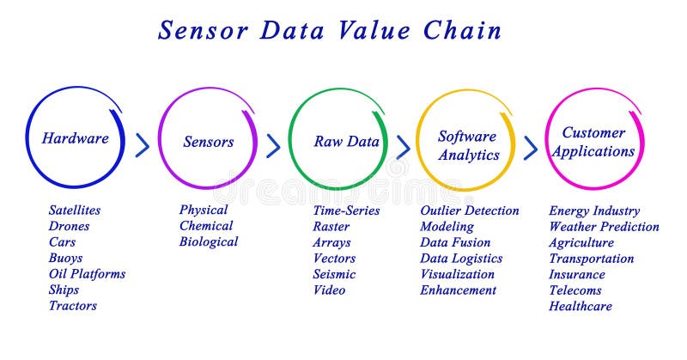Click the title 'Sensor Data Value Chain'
330,30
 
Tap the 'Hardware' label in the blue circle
76,138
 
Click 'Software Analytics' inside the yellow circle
468,146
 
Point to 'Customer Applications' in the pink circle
593,142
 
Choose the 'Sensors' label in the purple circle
208,142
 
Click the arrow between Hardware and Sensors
143,145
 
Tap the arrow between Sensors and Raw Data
273,146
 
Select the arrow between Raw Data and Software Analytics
403,147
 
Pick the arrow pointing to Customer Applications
531,147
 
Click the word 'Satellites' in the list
75,211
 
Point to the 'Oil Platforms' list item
87,274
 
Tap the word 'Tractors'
73,306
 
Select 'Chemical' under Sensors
206,226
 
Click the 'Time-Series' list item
346,211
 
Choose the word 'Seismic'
335,274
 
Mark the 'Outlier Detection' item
470,211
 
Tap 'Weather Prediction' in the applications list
604,227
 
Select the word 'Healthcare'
581,306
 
